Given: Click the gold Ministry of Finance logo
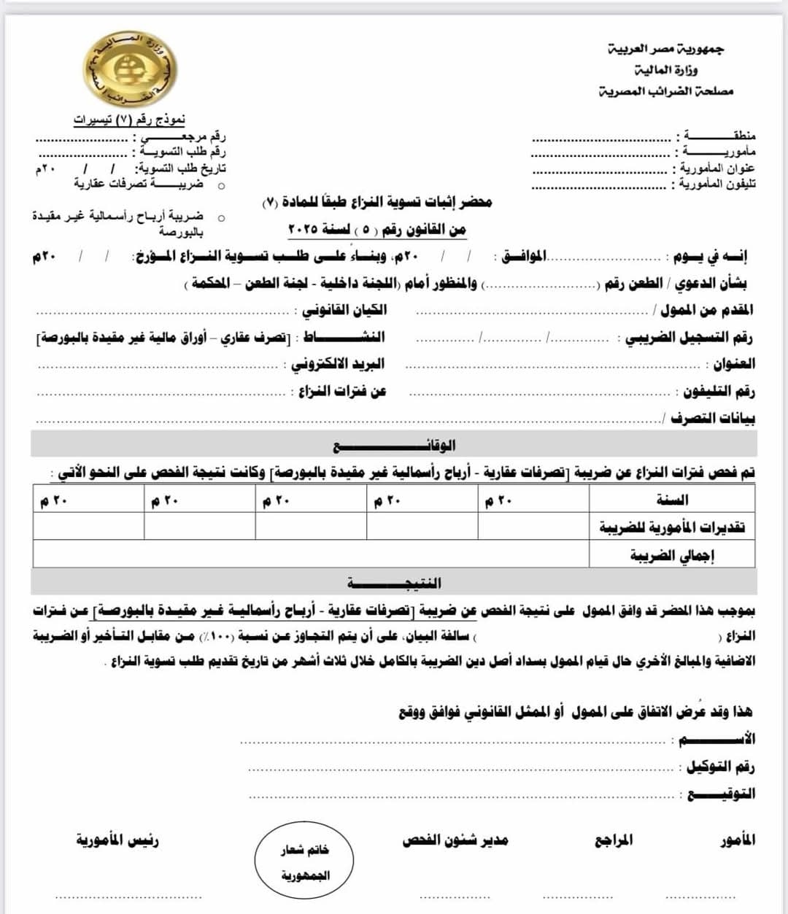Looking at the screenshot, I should click(130, 70).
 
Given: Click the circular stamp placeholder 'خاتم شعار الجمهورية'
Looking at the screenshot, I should click(304, 861).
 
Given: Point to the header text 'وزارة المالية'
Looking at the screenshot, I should click(665, 70).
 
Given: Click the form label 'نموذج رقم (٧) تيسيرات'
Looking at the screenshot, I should click(129, 120).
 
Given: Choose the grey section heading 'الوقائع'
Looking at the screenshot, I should click(394, 444).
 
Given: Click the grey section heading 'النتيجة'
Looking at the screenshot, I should click(394, 582).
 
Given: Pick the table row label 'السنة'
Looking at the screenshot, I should click(672, 500).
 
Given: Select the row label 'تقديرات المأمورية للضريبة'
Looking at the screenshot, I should click(672, 527).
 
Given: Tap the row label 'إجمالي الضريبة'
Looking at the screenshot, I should click(672, 555).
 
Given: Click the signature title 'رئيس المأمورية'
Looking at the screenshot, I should click(117, 840).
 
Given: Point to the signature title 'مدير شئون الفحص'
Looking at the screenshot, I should click(455, 840).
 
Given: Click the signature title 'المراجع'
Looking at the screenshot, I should click(613, 840).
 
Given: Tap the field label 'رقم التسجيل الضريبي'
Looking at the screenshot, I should click(689, 338).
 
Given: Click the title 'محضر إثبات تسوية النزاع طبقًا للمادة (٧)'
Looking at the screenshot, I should click(377, 202).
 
